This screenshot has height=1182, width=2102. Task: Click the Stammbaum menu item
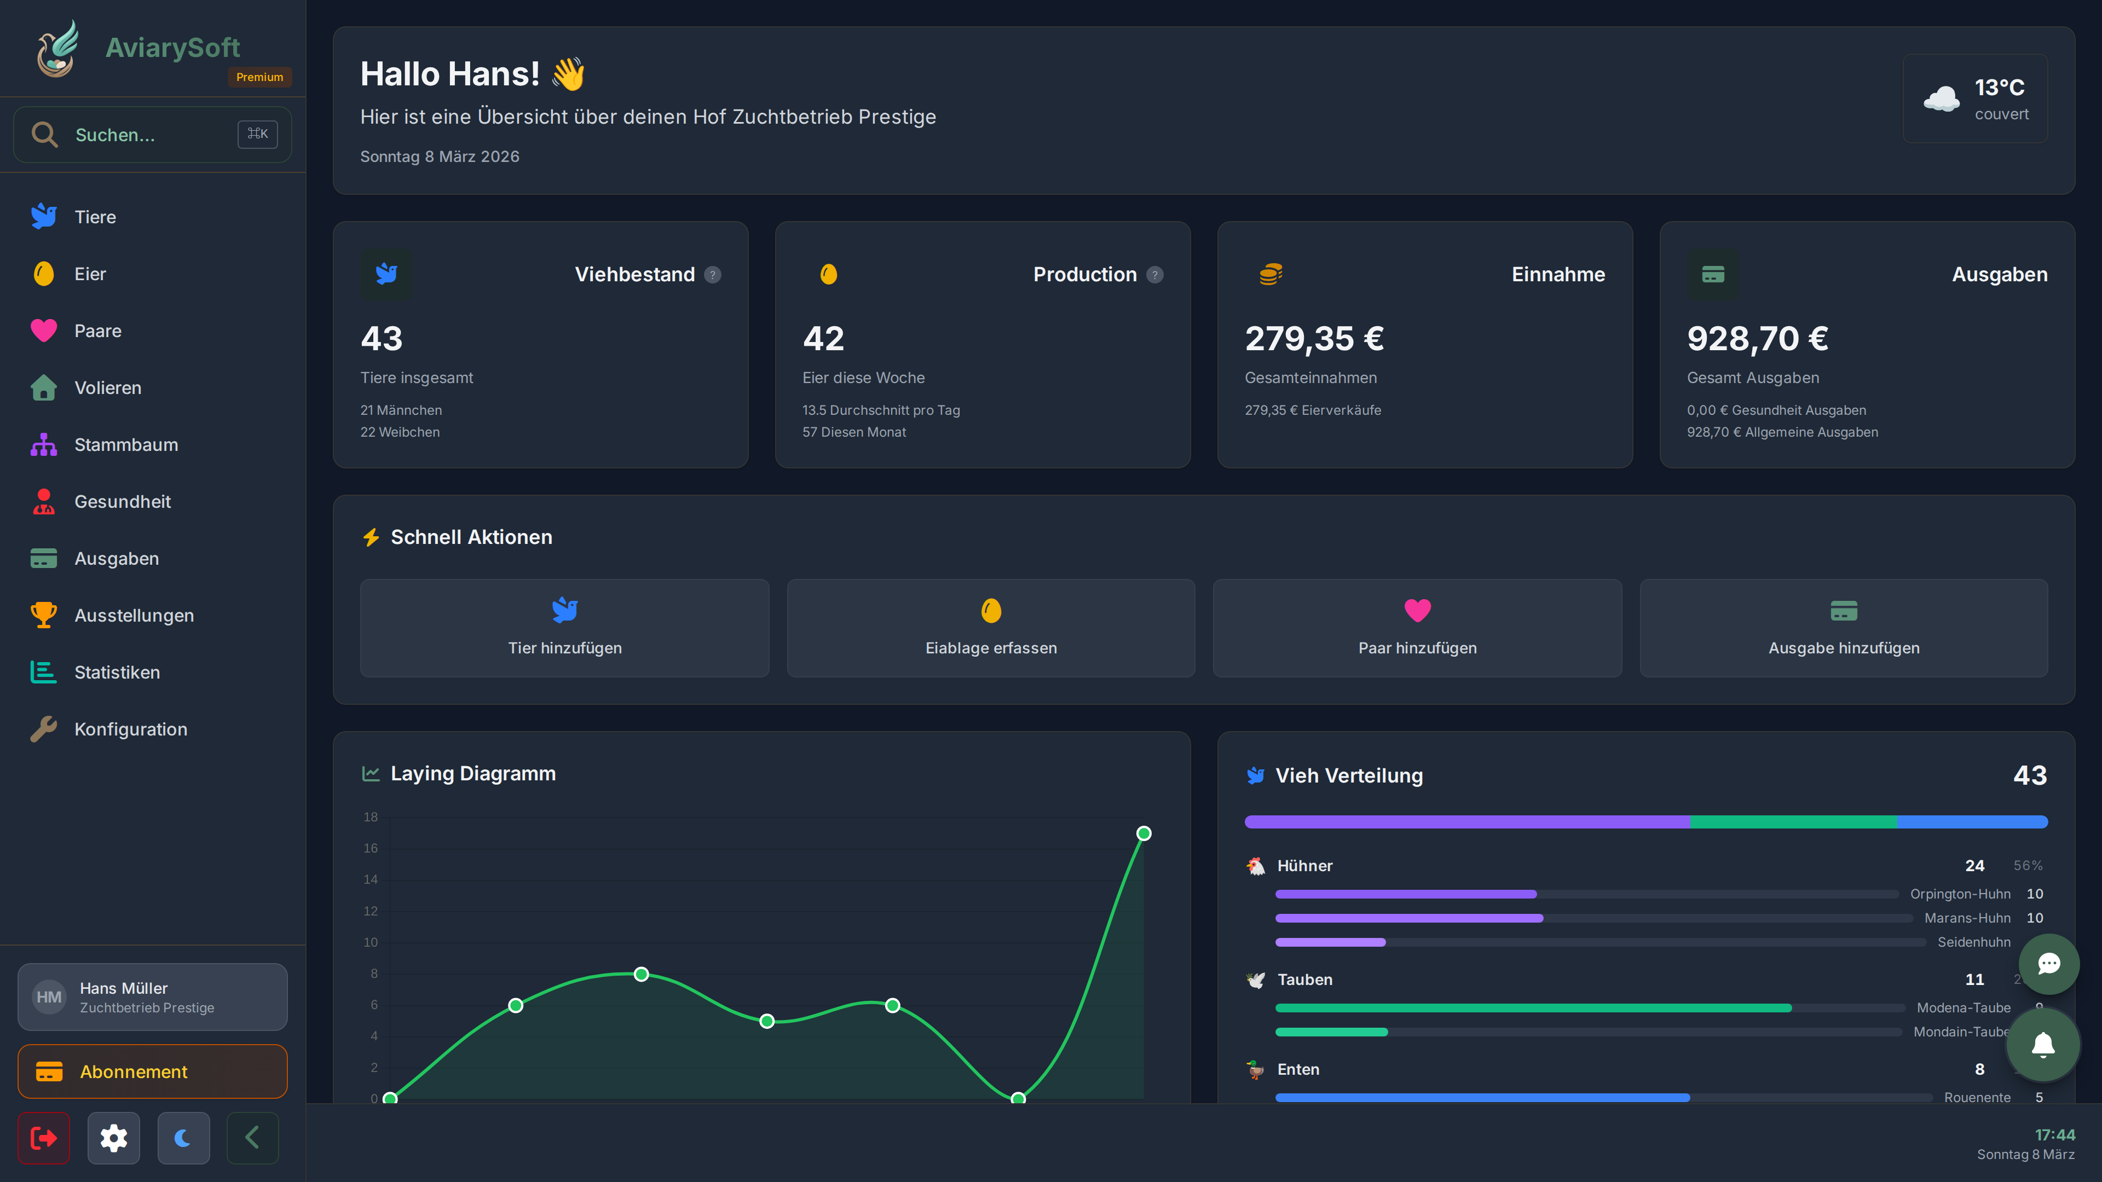click(126, 444)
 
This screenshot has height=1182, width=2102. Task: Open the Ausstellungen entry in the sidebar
click(134, 615)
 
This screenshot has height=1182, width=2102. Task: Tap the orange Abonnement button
click(153, 1071)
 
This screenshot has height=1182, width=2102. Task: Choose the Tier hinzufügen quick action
click(565, 628)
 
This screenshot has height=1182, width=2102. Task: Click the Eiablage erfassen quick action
click(991, 628)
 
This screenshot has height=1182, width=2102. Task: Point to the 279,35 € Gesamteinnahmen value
click(1314, 339)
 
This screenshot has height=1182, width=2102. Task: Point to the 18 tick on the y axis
click(371, 816)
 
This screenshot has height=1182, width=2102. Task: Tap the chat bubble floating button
click(2048, 963)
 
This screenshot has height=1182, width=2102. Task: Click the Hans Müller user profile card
click(153, 997)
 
